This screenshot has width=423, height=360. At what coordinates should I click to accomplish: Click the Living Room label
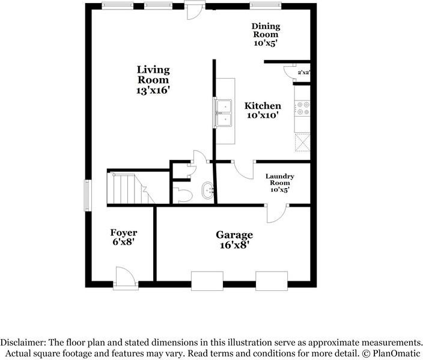pos(153,75)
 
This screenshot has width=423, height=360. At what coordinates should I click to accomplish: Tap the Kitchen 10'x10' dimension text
pos(263,115)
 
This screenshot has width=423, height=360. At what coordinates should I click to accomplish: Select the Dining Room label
pos(266,30)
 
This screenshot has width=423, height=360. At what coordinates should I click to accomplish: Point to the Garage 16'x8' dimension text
pos(234,245)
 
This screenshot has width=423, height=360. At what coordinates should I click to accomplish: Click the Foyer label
pos(124,233)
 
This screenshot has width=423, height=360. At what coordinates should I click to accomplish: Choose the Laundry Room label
pos(280,180)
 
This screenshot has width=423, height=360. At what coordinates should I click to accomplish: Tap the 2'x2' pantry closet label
pos(304,72)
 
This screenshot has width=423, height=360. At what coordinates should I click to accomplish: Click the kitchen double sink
pos(223,112)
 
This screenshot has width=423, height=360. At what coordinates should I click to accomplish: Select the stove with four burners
pos(302,108)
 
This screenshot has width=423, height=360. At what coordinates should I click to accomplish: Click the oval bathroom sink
pos(208,191)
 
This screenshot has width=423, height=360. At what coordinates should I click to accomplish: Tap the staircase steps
pos(130,188)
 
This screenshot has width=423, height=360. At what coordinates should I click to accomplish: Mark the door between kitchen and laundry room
pos(244,169)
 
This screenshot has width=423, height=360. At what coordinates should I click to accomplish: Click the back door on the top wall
pos(195,10)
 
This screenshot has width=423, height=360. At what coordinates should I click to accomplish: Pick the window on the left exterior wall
pos(87,195)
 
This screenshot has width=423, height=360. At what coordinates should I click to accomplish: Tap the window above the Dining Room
pos(266,5)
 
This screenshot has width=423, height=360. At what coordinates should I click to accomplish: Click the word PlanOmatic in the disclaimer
pos(396,353)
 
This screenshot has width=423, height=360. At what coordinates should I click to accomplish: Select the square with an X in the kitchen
pos(302,142)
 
